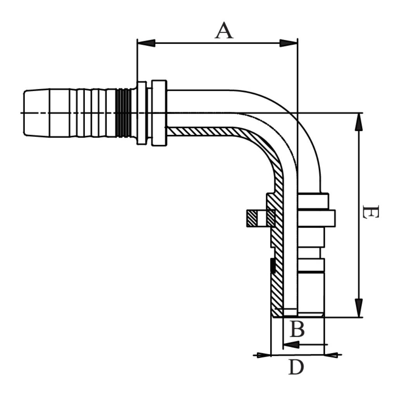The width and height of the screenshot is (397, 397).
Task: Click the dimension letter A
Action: click(x=224, y=31)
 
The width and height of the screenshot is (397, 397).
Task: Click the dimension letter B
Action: click(x=297, y=330)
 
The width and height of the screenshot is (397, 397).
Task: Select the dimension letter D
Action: click(x=296, y=367)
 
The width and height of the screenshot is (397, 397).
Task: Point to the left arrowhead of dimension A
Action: click(x=147, y=43)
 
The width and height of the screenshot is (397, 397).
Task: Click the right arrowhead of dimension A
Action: click(x=288, y=43)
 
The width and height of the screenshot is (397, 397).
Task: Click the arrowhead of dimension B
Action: click(x=291, y=344)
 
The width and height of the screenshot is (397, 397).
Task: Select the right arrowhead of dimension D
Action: click(x=332, y=354)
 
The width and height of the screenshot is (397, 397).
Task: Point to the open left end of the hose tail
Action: click(x=25, y=113)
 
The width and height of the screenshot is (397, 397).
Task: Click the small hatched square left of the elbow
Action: click(x=252, y=218)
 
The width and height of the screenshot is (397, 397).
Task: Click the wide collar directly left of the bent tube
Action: click(x=159, y=113)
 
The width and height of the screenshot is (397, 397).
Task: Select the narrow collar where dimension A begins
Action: click(x=142, y=113)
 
